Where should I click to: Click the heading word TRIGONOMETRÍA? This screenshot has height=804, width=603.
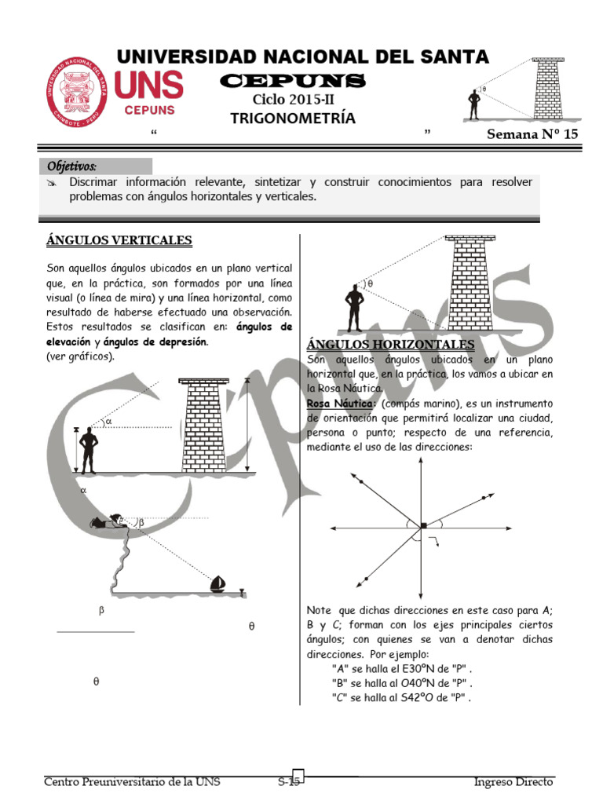[292, 119]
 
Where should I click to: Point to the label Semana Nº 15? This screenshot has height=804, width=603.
[532, 134]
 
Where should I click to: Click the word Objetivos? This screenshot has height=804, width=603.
[72, 166]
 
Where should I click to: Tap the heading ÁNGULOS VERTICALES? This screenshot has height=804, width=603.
[119, 240]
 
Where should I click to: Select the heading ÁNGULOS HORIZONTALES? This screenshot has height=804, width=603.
[390, 345]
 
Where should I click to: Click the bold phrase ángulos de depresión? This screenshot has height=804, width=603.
[154, 342]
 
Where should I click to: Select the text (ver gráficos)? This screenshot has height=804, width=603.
[81, 356]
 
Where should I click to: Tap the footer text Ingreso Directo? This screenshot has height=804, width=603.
[513, 782]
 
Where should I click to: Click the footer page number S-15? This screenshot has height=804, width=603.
[290, 782]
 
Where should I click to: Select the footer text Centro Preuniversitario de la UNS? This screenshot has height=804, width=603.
[132, 782]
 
